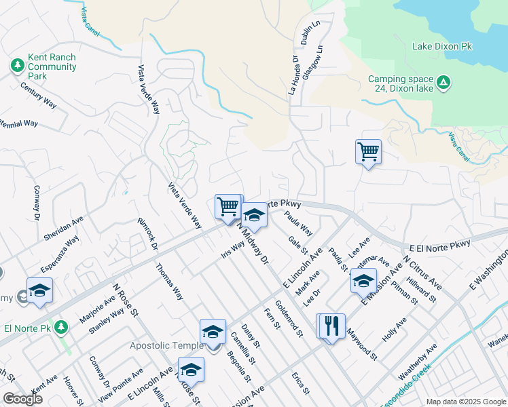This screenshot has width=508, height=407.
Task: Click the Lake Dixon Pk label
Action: click(442, 46)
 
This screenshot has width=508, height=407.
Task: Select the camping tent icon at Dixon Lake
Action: click(443, 83)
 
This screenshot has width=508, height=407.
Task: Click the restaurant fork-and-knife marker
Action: click(332, 326)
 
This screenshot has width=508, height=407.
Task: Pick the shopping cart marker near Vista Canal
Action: click(368, 151)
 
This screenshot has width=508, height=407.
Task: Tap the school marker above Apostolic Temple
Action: click(213, 331)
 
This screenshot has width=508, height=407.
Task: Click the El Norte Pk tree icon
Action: click(62, 328)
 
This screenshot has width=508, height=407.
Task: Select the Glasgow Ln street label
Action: click(313, 62)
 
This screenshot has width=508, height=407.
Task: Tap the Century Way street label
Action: click(38, 95)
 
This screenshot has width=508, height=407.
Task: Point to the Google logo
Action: click(22, 399)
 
